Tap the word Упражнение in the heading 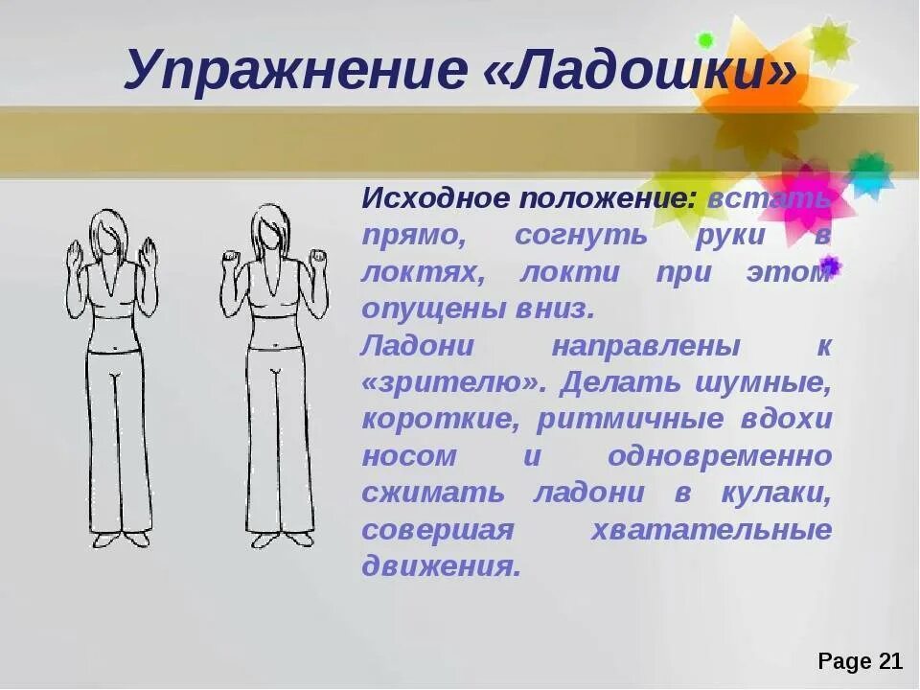[x=290, y=72]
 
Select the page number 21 [x=887, y=661]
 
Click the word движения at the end [x=440, y=565]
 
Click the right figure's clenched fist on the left [x=230, y=260]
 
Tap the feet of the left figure [x=122, y=539]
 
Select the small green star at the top [x=706, y=41]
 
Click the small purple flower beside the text [x=830, y=265]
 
